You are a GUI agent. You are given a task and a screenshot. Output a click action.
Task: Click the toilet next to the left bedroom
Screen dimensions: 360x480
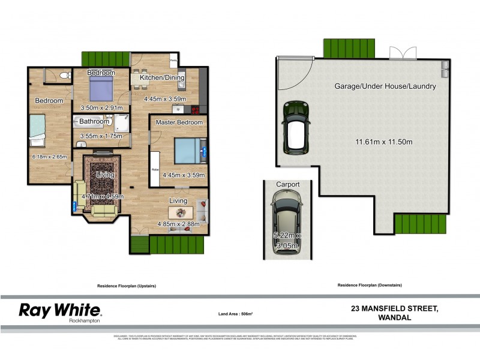click(x=64, y=76)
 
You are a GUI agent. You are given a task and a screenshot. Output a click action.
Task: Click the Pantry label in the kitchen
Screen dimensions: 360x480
click(x=173, y=61)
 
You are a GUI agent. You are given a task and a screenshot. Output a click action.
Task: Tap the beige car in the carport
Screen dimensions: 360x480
click(x=287, y=224)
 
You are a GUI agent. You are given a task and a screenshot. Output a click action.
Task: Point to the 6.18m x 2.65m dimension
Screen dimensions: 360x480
click(x=49, y=157)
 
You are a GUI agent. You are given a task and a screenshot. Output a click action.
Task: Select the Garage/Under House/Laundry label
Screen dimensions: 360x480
click(x=385, y=86)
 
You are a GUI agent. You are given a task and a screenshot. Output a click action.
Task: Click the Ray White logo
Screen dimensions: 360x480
click(x=60, y=311)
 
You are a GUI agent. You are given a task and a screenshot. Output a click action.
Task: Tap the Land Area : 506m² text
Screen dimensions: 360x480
click(x=235, y=314)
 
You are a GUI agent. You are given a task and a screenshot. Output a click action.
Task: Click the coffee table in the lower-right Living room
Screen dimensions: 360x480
click(x=180, y=213)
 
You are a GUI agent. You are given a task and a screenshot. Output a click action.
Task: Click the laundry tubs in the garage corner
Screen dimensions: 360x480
click(x=445, y=69)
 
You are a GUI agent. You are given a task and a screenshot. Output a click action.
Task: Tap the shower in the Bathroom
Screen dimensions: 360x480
click(x=122, y=123)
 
